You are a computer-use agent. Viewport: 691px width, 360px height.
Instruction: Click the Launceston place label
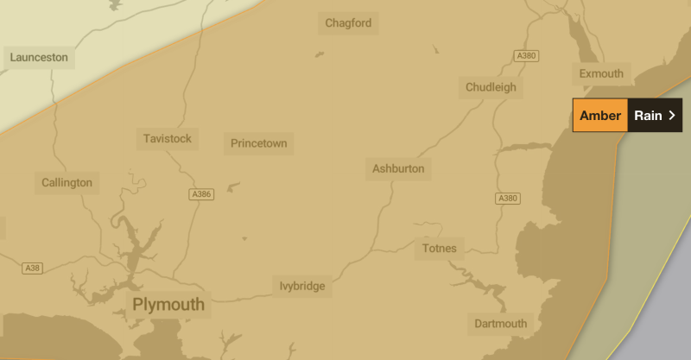38,58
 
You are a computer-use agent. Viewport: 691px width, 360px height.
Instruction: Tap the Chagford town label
348,23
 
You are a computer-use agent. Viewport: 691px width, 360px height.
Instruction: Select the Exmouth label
601,73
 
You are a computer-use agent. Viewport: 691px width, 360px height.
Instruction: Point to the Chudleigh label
491,87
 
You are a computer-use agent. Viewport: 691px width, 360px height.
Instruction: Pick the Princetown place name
258,143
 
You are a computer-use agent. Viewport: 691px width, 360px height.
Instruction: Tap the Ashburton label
398,168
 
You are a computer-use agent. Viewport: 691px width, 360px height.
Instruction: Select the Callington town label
67,182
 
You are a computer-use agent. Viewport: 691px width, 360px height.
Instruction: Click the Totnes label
439,249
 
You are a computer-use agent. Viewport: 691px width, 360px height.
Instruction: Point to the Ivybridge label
302,286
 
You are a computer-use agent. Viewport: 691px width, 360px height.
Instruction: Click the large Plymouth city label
168,304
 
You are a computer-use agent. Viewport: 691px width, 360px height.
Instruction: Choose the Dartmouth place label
500,324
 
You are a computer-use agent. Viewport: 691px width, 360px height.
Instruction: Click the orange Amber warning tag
600,116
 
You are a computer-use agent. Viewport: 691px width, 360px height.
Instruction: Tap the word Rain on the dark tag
648,116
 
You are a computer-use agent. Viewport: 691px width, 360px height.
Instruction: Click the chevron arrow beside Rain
672,116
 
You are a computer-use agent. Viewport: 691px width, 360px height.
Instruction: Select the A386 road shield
200,194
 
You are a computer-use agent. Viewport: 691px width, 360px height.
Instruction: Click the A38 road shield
33,268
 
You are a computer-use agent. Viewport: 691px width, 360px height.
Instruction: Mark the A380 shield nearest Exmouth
525,55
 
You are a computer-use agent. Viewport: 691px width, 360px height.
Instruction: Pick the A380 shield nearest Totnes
507,199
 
